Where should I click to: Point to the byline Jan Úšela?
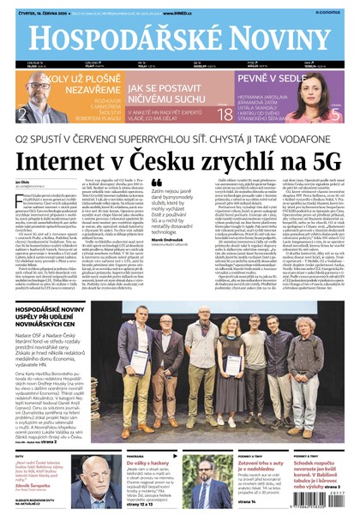(x=22, y=183)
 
